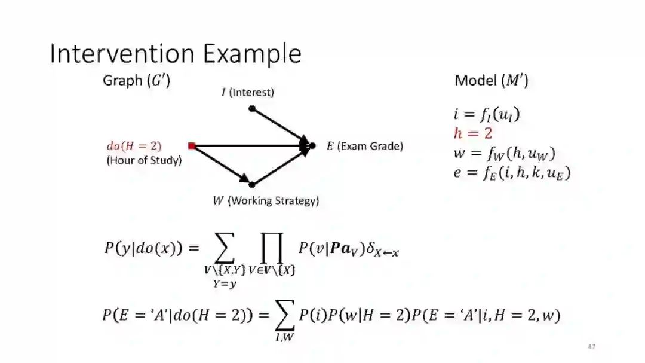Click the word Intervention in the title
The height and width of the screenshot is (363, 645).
123,54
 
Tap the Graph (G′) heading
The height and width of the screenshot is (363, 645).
137,80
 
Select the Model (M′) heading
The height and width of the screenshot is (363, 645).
491,80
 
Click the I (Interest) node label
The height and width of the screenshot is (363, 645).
248,92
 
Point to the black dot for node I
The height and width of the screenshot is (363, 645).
252,108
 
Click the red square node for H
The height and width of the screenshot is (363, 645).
191,145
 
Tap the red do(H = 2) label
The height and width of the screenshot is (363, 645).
134,145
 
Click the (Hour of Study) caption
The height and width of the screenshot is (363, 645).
144,160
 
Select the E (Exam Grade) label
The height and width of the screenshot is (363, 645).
364,146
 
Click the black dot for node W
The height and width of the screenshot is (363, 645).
252,185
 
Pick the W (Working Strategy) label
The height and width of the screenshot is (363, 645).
266,201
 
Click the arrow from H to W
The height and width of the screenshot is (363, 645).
221,164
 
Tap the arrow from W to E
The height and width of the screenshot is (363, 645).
281,166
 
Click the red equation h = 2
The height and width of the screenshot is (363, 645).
472,133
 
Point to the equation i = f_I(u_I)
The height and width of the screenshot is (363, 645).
486,114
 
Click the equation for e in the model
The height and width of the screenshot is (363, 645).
512,173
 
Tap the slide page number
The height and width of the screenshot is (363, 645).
591,347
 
